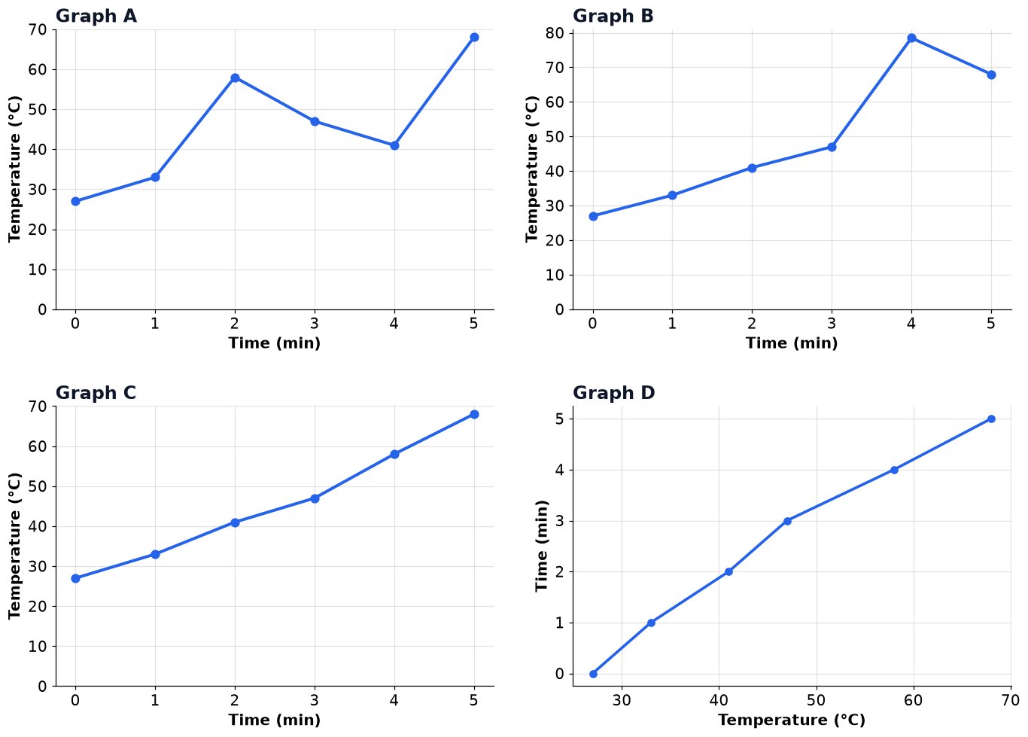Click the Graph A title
pyautogui.click(x=96, y=16)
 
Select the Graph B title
pyautogui.click(x=613, y=16)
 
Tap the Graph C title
pyautogui.click(x=96, y=393)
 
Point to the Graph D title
pyautogui.click(x=613, y=393)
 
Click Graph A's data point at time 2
pyautogui.click(x=235, y=78)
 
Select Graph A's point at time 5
pyautogui.click(x=475, y=37)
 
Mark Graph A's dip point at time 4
pyautogui.click(x=394, y=145)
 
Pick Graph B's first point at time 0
pyautogui.click(x=593, y=216)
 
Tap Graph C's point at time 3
pyautogui.click(x=315, y=498)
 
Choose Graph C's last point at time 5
pyautogui.click(x=475, y=415)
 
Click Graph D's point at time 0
pyautogui.click(x=593, y=674)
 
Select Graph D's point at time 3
pyautogui.click(x=787, y=521)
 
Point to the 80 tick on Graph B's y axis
pyautogui.click(x=555, y=33)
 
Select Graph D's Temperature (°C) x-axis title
pyautogui.click(x=792, y=720)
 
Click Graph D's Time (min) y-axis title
pyautogui.click(x=542, y=546)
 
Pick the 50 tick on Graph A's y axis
pyautogui.click(x=38, y=110)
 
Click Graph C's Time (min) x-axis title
pyautogui.click(x=275, y=720)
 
